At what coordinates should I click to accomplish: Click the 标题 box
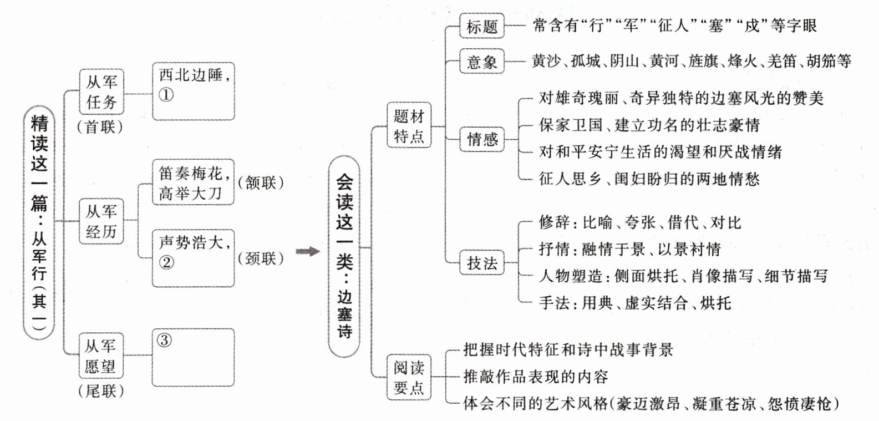482,27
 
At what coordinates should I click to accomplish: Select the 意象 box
482,61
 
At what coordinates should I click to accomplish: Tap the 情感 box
482,139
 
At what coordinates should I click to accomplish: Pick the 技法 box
482,263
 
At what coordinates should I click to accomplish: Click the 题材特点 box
409,126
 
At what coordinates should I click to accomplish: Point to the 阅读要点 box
409,377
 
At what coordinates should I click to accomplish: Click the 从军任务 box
101,92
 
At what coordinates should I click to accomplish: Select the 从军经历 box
101,221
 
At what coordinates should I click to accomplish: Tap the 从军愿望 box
100,356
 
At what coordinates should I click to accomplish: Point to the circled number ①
166,95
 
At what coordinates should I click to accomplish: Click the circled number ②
166,262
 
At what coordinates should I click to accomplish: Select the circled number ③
164,340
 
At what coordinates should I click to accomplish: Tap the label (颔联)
261,182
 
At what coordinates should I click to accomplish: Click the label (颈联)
261,258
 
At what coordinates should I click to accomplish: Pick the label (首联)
100,127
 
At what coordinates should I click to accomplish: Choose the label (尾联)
100,392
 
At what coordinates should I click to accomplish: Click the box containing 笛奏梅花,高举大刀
193,182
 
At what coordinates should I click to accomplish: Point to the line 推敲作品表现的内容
536,377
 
